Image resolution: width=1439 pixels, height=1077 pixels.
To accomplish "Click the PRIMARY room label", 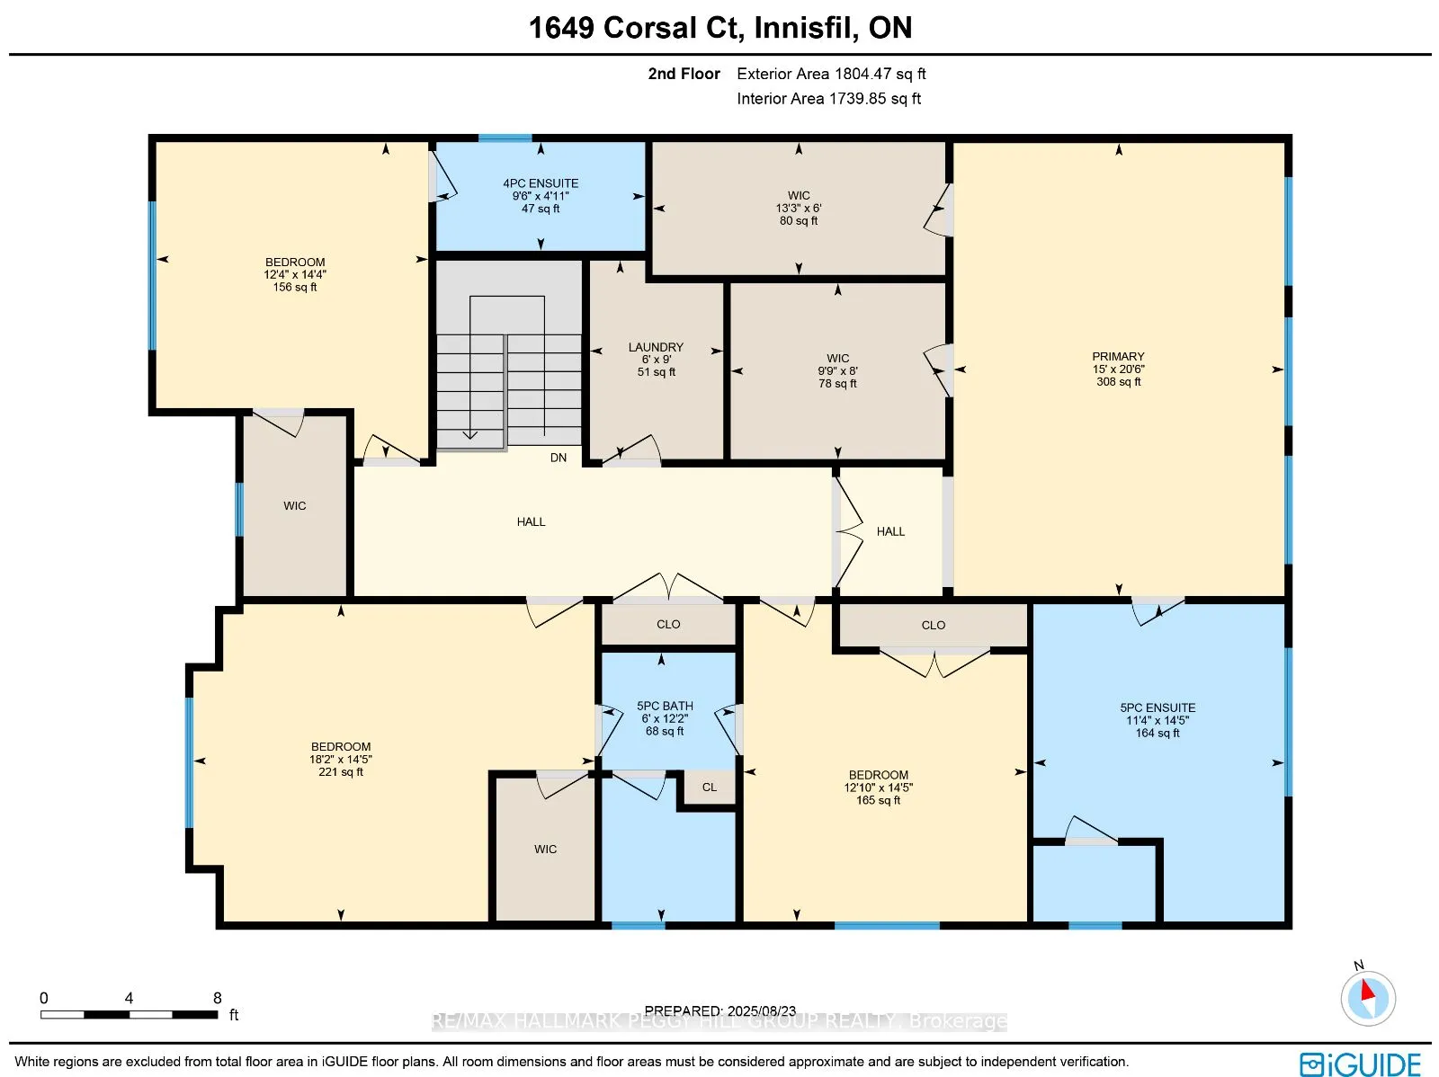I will tap(1118, 357).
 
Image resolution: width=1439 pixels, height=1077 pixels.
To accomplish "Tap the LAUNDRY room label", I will tap(656, 347).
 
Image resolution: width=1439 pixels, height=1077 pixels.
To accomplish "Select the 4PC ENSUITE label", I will tap(541, 183).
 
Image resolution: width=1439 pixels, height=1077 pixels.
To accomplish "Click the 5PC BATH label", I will tap(665, 707).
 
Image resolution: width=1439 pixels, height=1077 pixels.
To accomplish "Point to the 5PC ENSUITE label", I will tap(1157, 708).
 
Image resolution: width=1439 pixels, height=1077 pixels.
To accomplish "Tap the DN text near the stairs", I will tap(559, 458).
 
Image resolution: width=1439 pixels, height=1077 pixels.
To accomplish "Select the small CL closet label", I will tap(710, 788).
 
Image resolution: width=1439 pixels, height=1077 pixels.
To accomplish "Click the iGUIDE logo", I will tap(1360, 1064).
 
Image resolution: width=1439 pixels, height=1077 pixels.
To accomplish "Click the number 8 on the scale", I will tap(218, 998).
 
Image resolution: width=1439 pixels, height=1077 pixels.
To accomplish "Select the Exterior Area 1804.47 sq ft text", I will tap(831, 74).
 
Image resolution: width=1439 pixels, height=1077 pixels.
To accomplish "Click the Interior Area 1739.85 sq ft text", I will tap(828, 99).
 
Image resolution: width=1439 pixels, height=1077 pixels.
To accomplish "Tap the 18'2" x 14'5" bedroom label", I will tap(341, 759).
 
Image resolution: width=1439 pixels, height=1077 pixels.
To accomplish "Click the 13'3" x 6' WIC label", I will tap(799, 208).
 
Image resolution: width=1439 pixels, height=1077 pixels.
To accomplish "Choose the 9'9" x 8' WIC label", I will tap(837, 370).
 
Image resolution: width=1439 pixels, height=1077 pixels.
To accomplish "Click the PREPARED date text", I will tap(719, 1010).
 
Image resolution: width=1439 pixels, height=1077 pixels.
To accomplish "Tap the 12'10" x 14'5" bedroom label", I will tap(878, 787).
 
